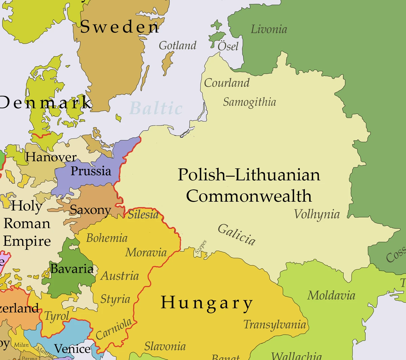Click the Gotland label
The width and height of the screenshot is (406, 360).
click(x=177, y=45)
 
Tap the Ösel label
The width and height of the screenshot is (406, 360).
click(x=228, y=46)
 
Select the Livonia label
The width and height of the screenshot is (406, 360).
click(x=269, y=29)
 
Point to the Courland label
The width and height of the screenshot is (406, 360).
click(x=227, y=83)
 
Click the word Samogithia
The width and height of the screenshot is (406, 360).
click(x=249, y=102)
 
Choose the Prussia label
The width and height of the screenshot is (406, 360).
click(x=91, y=171)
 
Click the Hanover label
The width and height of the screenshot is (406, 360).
click(x=51, y=157)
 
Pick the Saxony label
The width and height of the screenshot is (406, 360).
click(x=90, y=210)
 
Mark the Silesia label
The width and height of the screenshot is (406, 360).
click(x=143, y=215)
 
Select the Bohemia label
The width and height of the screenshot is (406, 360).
click(x=107, y=238)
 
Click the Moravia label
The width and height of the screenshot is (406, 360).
click(x=146, y=252)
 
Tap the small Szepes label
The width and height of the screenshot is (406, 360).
click(x=201, y=247)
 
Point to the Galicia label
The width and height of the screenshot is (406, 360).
click(x=236, y=234)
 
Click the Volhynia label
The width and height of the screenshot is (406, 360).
click(x=316, y=215)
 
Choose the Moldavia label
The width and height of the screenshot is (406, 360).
click(x=331, y=295)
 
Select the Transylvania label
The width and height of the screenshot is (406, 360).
click(x=274, y=324)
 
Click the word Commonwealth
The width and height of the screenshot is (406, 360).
click(x=249, y=196)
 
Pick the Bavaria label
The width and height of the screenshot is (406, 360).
click(x=72, y=269)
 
